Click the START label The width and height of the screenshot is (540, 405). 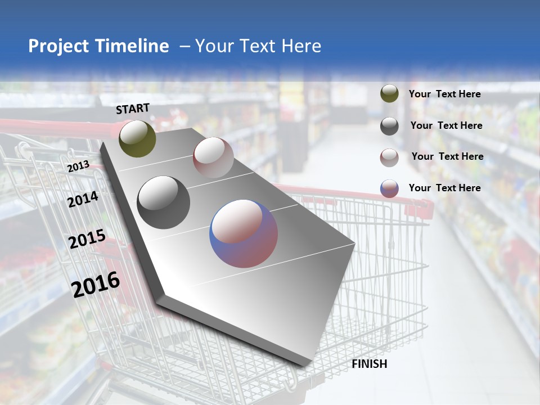(x=133, y=109)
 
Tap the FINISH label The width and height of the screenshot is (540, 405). (x=369, y=364)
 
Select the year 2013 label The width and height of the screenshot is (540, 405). (x=78, y=166)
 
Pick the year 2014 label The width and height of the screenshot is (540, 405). (x=83, y=199)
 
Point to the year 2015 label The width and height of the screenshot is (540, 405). (x=87, y=240)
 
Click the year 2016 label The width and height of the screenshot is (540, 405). (x=96, y=284)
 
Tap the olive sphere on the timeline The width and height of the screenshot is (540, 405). (x=137, y=138)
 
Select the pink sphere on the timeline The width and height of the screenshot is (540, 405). (x=213, y=157)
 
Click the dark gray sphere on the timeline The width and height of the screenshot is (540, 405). (x=164, y=202)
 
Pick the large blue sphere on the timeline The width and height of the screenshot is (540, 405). (x=244, y=233)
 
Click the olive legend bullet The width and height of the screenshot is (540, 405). (x=389, y=93)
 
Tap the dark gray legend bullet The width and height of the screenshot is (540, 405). (x=389, y=125)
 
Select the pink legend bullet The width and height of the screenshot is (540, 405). (x=389, y=157)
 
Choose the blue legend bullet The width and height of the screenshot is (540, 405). (x=389, y=188)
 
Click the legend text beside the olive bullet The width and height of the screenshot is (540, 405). (x=445, y=94)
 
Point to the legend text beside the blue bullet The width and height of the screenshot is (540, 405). (x=445, y=188)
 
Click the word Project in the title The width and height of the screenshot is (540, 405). (x=57, y=46)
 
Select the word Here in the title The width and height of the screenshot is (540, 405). (x=301, y=46)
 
